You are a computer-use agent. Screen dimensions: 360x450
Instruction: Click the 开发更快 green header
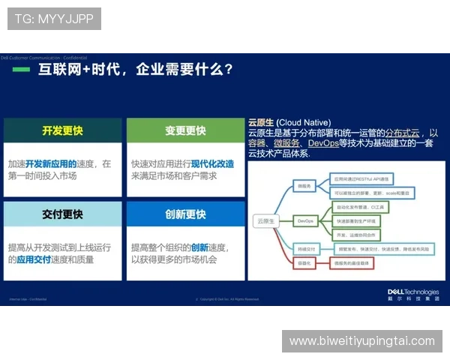tap(62, 130)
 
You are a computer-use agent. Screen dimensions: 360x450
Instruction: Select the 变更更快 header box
tap(185, 130)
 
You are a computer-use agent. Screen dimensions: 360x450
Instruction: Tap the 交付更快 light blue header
tap(62, 214)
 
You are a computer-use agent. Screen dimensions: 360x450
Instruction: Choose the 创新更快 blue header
tap(185, 214)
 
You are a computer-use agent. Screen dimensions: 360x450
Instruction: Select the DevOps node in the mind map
tap(305, 221)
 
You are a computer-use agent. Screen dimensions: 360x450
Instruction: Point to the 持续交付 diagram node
tap(305, 247)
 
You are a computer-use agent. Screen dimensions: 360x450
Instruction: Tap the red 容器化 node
tap(304, 264)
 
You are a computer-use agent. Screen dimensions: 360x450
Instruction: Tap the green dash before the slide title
tap(22, 70)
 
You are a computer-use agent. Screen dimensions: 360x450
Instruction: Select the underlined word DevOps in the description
tap(323, 142)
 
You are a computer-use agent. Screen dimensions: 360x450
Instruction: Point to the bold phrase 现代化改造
tap(212, 163)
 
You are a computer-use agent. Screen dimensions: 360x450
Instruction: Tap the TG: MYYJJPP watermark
tap(54, 19)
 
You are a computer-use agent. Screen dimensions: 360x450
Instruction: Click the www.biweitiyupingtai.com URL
tap(362, 341)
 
